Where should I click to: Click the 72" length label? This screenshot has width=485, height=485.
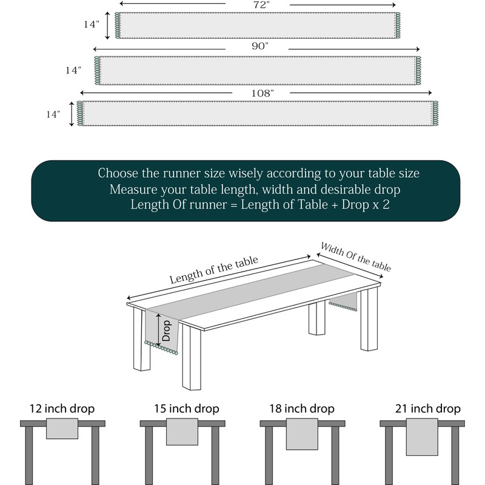(x=261, y=5)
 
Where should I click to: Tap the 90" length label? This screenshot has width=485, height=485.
(x=260, y=46)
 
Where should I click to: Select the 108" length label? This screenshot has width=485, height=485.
(x=263, y=93)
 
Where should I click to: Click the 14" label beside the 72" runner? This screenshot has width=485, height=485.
(x=92, y=24)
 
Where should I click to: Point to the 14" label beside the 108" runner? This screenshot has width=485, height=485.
(x=53, y=115)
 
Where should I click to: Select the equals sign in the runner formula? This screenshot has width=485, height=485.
(x=234, y=205)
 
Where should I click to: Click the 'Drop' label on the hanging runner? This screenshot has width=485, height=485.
(x=166, y=330)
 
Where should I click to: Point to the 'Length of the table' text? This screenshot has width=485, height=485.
(x=214, y=269)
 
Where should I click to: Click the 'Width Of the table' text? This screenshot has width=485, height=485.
(x=356, y=256)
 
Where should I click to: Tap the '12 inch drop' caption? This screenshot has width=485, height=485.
(x=62, y=409)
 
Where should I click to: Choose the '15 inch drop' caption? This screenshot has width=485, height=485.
(x=187, y=409)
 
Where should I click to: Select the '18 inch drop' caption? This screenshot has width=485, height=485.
(x=302, y=409)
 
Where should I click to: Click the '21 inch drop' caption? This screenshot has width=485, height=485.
(x=428, y=409)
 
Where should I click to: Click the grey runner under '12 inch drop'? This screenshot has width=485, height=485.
(x=62, y=429)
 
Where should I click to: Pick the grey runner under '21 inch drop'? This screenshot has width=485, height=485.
(x=422, y=436)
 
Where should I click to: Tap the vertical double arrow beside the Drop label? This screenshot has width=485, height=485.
(x=159, y=330)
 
